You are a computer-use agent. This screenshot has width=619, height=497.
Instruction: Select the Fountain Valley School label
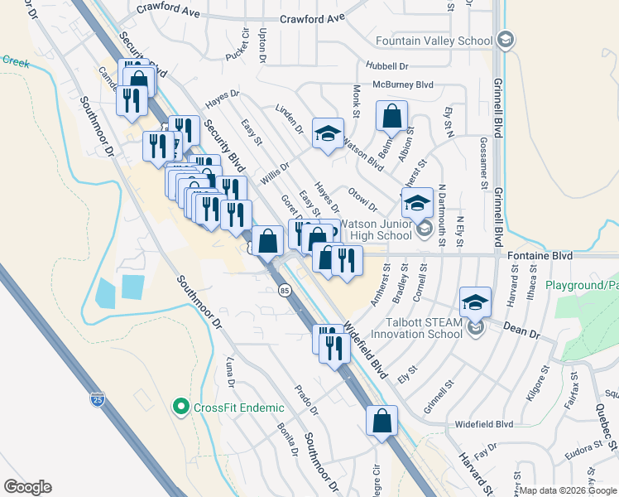point(433,41)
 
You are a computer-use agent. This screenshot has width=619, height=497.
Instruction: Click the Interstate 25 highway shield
point(98,400)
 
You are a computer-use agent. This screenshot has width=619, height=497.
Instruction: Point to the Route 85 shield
point(285,291)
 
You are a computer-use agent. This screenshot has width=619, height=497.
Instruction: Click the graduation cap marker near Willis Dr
point(328,133)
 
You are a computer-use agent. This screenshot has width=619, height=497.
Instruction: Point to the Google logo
point(27,486)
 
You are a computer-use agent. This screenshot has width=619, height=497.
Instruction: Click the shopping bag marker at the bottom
point(381,420)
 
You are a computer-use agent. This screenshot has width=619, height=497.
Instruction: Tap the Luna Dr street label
point(230,373)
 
